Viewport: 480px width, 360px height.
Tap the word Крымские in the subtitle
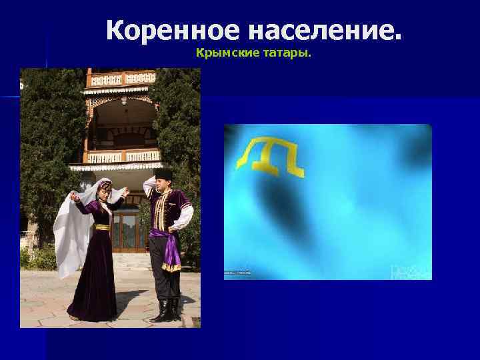[x=223, y=51]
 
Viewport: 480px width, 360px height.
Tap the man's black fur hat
[x=164, y=173]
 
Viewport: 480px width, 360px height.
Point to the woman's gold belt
[x=102, y=227]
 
